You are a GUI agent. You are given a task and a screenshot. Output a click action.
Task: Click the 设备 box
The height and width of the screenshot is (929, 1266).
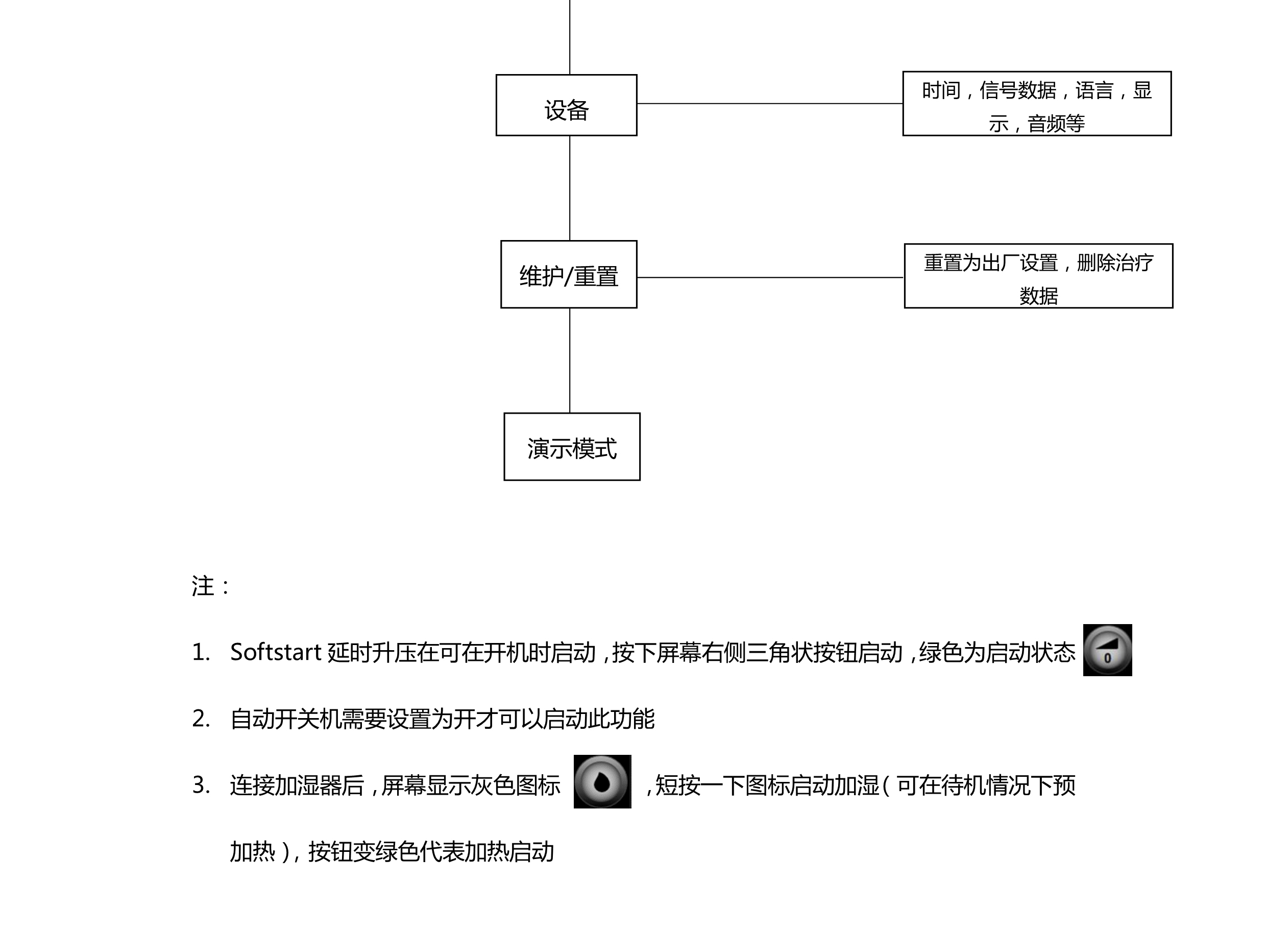[x=566, y=105]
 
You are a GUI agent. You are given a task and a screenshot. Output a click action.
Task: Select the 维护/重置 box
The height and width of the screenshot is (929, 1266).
[x=568, y=274]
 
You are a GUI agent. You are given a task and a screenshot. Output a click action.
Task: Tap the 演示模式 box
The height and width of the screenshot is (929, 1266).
[x=572, y=447]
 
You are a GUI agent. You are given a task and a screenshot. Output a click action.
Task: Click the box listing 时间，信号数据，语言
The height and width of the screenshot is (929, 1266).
[x=1037, y=104]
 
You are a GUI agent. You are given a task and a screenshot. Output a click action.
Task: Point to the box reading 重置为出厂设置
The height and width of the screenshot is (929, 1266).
[x=1038, y=276]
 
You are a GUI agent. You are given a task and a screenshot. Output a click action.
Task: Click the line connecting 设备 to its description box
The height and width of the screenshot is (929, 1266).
[x=769, y=104]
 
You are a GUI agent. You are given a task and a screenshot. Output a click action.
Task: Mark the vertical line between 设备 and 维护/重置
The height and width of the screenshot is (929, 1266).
[x=570, y=188]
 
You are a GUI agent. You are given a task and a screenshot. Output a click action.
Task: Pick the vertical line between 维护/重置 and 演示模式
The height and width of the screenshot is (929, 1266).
[x=570, y=361]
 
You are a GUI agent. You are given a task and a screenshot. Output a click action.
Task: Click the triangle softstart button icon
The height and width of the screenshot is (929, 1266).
[x=1107, y=650]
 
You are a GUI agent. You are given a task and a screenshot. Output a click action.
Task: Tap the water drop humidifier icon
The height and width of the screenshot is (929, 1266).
[x=602, y=782]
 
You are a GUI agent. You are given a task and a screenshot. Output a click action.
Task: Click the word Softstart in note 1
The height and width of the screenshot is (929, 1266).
[x=276, y=652]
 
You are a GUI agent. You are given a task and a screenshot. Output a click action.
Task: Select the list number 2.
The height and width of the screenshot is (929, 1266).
[x=201, y=719]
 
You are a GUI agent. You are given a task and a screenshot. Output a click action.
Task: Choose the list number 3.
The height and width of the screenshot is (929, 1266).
[x=201, y=785]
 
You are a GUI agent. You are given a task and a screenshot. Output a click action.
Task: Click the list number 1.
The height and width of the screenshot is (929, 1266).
[x=201, y=652]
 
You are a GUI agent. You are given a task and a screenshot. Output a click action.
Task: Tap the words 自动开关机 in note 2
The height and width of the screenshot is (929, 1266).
[x=285, y=719]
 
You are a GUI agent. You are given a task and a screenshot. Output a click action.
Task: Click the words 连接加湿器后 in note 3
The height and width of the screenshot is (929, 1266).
[x=297, y=785]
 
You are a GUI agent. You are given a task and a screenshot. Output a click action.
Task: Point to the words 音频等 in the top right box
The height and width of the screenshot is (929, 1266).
[x=1056, y=124]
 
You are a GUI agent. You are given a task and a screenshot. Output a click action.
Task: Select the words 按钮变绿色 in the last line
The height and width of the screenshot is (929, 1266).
[x=364, y=852]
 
